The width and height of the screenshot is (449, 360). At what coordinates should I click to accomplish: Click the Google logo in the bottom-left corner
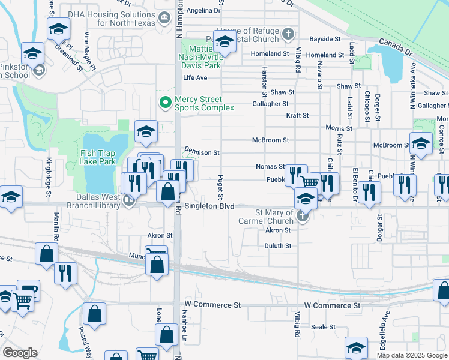click(x=20, y=353)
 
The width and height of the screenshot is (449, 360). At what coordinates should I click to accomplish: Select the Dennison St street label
click(x=202, y=152)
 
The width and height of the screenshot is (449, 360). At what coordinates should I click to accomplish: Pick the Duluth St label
click(x=278, y=246)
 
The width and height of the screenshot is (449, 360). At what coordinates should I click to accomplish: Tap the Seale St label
click(x=323, y=327)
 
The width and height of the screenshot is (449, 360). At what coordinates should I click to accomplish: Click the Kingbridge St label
click(x=48, y=177)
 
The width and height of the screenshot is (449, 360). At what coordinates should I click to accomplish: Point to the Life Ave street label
click(x=195, y=78)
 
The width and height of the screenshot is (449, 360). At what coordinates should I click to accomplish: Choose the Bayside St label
click(x=325, y=39)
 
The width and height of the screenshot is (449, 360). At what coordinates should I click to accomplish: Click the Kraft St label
click(x=297, y=115)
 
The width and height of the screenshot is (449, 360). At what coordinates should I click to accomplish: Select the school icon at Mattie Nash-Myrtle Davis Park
click(x=224, y=41)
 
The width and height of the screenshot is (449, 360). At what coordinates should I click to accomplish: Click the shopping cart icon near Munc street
click(x=156, y=254)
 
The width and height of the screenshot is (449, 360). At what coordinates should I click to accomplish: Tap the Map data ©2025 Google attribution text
click(x=411, y=355)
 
